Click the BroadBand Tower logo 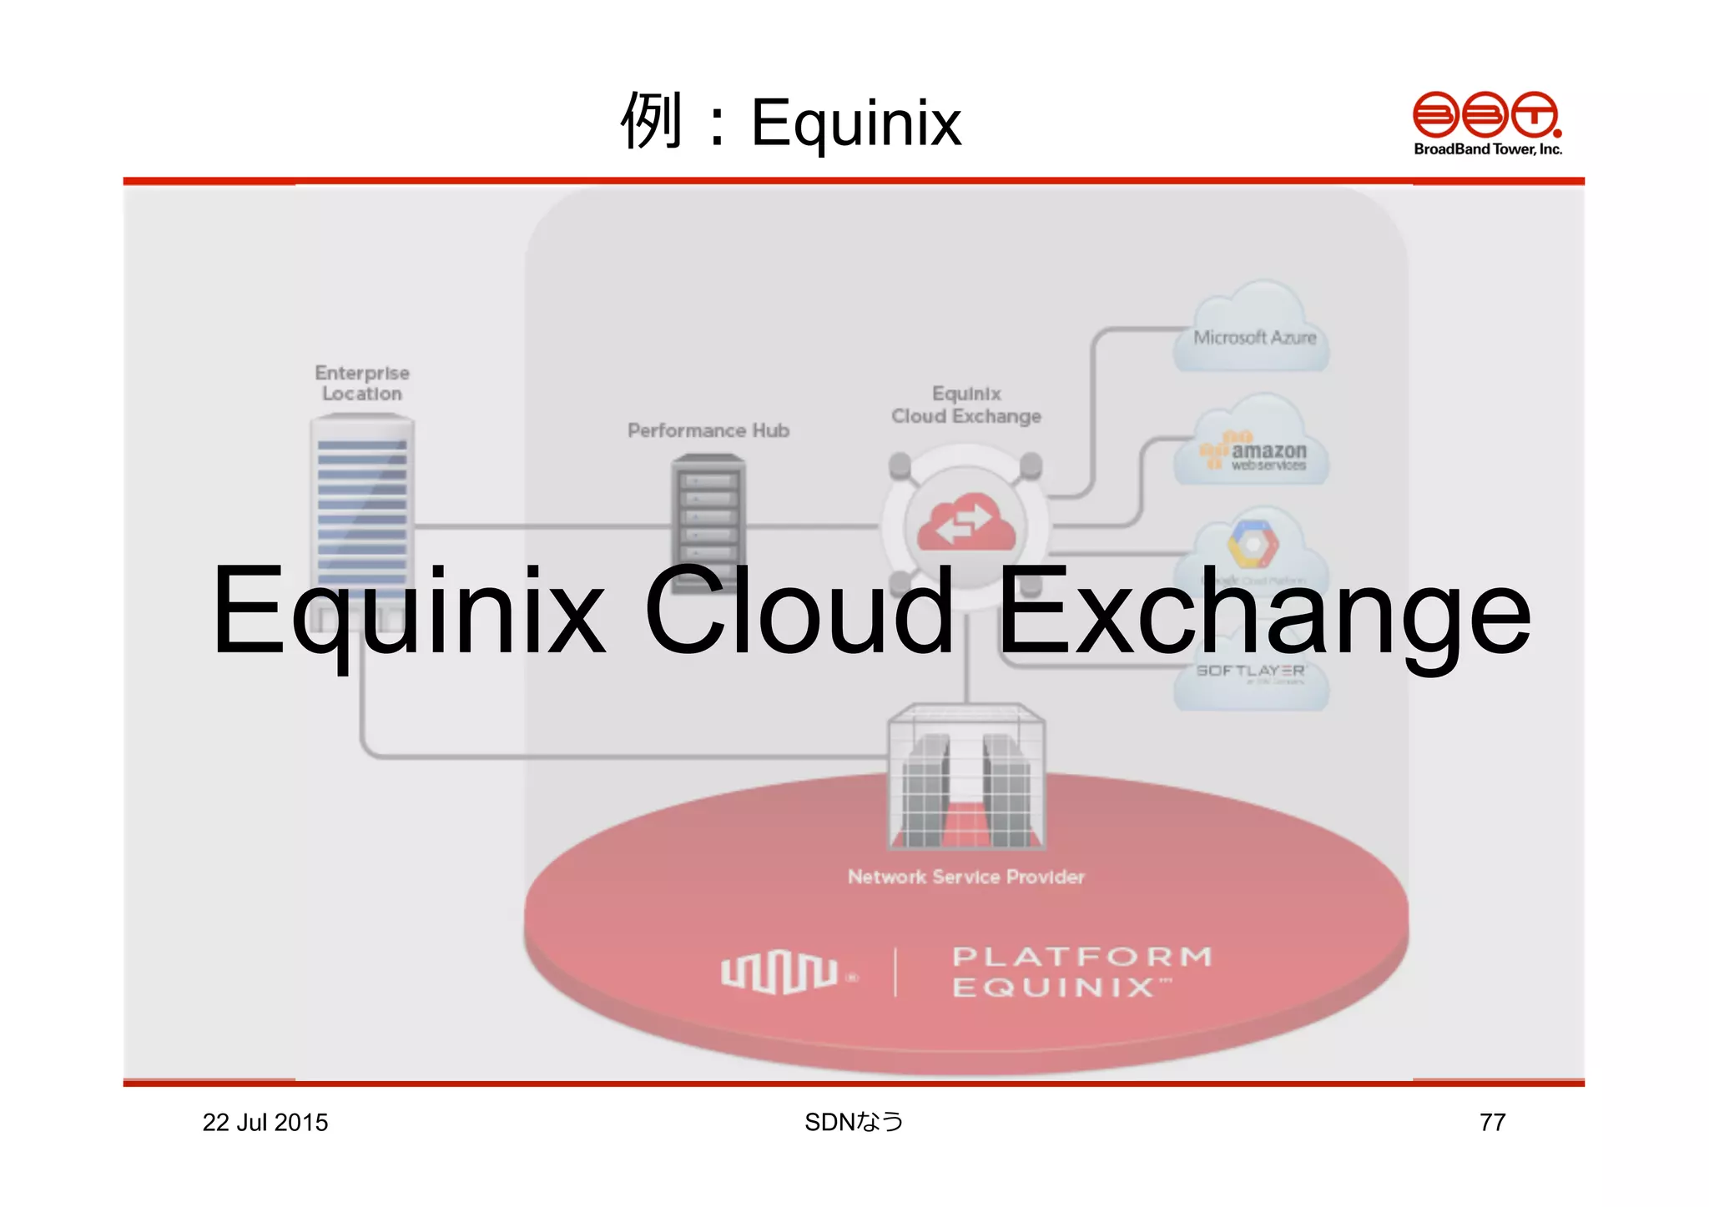(1487, 123)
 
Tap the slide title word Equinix (856, 123)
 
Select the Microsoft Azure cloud (1253, 334)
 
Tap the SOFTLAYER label (1249, 671)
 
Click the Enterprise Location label (362, 383)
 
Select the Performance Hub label (708, 430)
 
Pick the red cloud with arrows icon (966, 523)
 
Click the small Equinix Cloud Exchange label (966, 405)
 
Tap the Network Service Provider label (966, 877)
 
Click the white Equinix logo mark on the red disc (780, 972)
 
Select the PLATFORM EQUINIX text (1082, 972)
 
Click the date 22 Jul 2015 (265, 1123)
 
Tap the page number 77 (1492, 1123)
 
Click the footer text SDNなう (854, 1123)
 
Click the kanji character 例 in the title (652, 121)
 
